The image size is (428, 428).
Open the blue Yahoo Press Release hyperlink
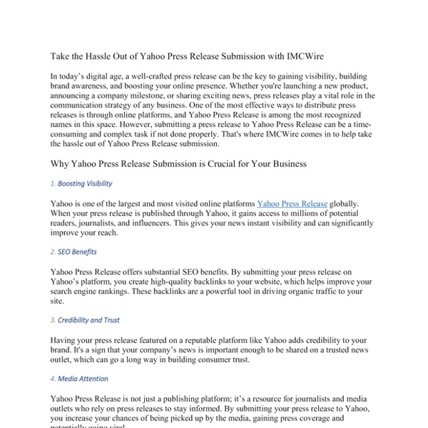point(292,203)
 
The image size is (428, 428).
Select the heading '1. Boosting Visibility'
point(81,184)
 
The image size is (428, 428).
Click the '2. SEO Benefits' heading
point(73,252)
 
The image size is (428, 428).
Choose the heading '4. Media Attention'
point(79,379)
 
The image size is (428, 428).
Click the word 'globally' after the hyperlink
point(348,203)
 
